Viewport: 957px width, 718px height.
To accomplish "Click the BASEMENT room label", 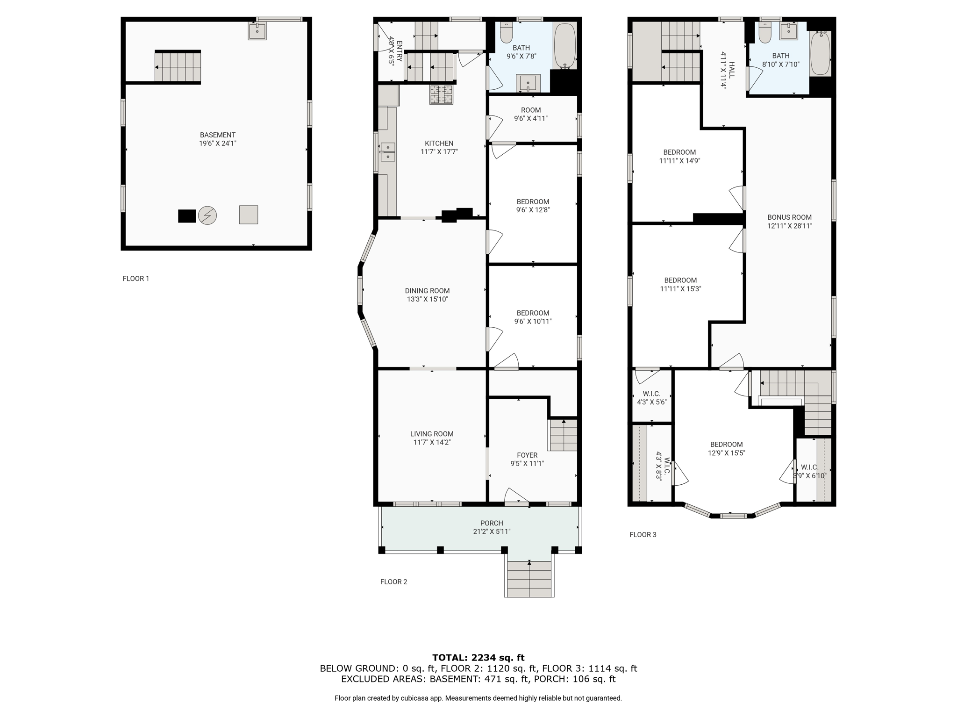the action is pos(218,135).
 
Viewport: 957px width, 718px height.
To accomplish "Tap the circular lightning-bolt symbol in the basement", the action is pos(207,215).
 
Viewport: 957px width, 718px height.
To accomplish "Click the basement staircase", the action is pos(178,67).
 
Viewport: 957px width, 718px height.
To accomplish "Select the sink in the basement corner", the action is pos(257,31).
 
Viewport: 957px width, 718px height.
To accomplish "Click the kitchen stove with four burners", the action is pos(442,94).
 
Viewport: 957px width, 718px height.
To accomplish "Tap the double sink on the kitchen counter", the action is pos(388,152).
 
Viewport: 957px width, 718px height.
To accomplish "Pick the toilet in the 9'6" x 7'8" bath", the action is pos(507,32).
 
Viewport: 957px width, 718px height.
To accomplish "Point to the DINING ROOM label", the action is pos(427,291).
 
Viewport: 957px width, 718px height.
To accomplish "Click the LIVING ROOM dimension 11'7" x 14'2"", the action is pos(432,442).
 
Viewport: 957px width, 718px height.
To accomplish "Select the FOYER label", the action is pos(527,455).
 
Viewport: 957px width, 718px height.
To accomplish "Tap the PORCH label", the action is pos(492,523).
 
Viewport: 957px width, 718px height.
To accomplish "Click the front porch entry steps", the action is pos(529,579).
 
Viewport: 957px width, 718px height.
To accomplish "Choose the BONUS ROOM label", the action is pos(790,217).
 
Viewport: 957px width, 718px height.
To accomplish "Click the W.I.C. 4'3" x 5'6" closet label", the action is pos(651,398).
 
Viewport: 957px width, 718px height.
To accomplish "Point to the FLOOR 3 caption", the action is pos(643,535).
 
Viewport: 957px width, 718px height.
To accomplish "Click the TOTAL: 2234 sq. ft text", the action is pos(478,658).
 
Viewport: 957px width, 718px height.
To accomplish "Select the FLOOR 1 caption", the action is pos(136,279).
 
